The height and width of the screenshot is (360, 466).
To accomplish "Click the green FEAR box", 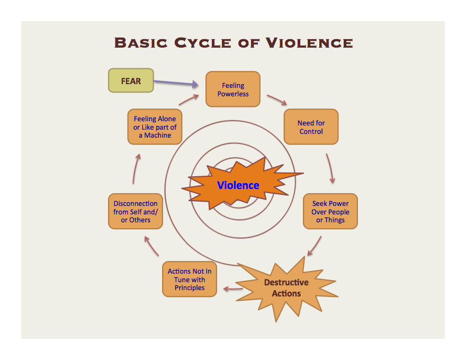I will coord(131,80).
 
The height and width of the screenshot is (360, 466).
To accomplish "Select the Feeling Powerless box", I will coord(233,89).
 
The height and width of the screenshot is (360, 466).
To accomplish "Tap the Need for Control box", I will coord(311,127).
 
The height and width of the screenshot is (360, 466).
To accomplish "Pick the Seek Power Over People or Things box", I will coord(330,211).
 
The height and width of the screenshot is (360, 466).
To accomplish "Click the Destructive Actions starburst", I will coord(286,288).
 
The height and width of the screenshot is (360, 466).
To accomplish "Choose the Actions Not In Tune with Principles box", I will coord(190,280).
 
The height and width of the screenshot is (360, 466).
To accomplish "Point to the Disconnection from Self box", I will coord(136,211).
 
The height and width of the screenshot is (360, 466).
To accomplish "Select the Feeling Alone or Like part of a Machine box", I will coord(155,127).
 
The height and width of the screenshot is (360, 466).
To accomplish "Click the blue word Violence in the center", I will coord(238,185).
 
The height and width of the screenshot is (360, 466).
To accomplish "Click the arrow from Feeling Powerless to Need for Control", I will coord(276,100).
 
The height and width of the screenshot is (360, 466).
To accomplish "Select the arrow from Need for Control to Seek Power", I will coord(330,168).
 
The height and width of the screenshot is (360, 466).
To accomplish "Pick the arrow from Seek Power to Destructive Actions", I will coord(315,246).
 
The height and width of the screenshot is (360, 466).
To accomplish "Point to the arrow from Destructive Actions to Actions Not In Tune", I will coord(233,289).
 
